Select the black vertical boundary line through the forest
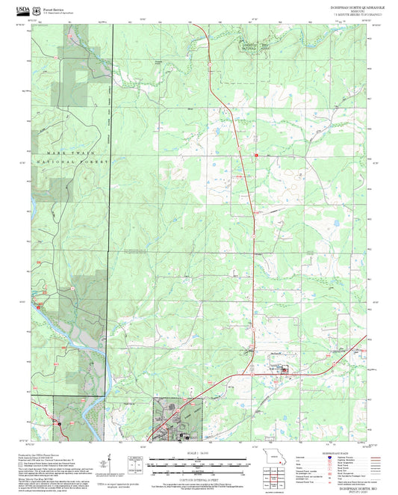click(113, 187)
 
